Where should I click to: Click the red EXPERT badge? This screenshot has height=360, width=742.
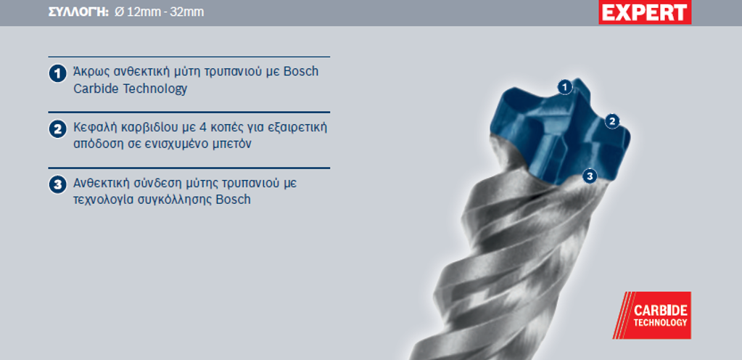point(645,12)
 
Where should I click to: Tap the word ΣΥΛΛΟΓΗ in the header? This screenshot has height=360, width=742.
point(79,12)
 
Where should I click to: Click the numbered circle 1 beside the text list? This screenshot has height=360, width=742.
point(58,73)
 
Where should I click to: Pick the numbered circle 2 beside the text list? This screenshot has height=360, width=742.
point(58,129)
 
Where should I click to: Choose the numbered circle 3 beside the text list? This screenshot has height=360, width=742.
point(58,185)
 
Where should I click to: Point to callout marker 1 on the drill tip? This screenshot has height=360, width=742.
point(564,87)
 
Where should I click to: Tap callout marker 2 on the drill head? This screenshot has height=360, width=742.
point(612,121)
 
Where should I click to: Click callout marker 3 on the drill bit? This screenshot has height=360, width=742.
point(590,176)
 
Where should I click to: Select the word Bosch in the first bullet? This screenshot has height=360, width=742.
point(301,72)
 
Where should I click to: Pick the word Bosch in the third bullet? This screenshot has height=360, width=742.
point(233,200)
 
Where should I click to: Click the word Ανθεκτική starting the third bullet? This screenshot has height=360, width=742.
point(103,183)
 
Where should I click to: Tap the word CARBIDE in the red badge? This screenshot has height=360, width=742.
point(660,311)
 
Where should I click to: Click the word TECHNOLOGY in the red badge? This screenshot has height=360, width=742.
point(660,322)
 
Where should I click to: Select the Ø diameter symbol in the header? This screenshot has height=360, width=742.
point(119,12)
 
